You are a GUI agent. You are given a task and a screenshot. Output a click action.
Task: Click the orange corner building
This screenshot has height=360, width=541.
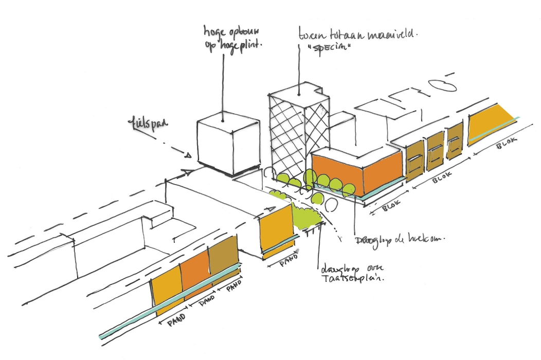click(x=356, y=171)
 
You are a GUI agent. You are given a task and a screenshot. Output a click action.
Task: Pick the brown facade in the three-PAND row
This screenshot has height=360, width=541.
click(x=223, y=262)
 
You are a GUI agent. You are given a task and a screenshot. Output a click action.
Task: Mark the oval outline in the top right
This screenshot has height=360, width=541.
click(x=443, y=84)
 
